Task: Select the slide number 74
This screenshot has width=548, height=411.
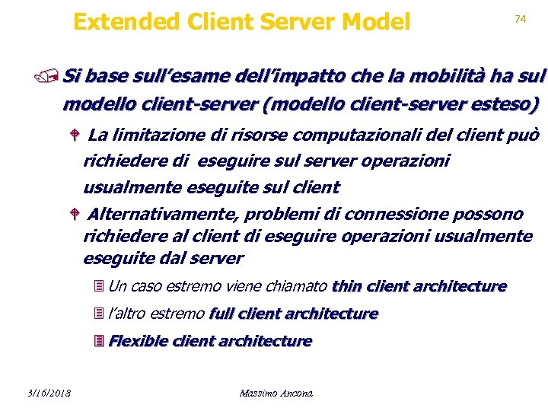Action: (521, 18)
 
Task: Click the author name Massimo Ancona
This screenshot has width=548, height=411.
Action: (276, 393)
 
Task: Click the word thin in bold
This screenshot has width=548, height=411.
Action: (347, 286)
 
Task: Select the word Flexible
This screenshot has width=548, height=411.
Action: (140, 341)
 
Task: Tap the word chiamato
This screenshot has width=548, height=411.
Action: (301, 286)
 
